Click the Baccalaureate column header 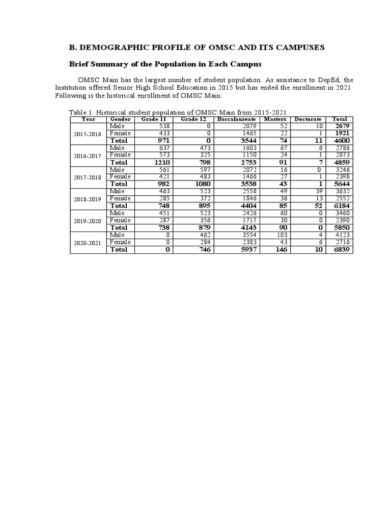click(x=236, y=119)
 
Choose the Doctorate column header click(x=308, y=119)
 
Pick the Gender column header click(x=121, y=119)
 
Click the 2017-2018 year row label click(x=88, y=177)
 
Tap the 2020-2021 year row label click(x=88, y=243)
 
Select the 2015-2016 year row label click(x=88, y=134)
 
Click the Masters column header click(x=275, y=119)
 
